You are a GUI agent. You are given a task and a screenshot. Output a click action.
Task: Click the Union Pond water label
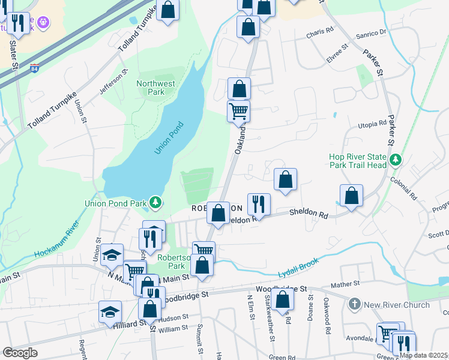169,137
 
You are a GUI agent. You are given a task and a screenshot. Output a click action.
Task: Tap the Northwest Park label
150,88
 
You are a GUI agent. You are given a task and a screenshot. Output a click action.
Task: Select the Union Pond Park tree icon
155,202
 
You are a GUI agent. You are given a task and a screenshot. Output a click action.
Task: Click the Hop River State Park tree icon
395,160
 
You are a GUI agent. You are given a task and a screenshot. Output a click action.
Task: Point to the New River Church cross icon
354,304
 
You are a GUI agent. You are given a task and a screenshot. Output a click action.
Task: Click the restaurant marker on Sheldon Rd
259,203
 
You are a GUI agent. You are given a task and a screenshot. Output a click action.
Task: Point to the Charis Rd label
319,35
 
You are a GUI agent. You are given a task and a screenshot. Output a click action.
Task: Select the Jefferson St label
114,83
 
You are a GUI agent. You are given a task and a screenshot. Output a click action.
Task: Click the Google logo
20,352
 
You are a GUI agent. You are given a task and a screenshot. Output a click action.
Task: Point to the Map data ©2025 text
423,355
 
